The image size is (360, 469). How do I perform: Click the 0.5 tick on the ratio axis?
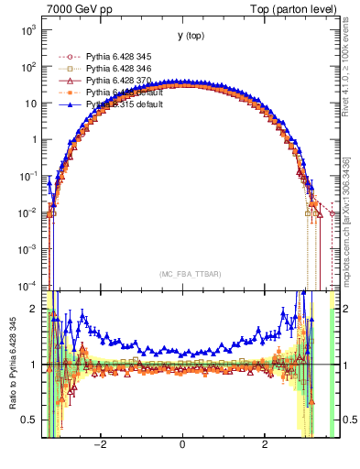pos(30,420)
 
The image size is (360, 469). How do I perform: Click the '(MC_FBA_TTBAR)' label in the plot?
pos(183,275)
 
